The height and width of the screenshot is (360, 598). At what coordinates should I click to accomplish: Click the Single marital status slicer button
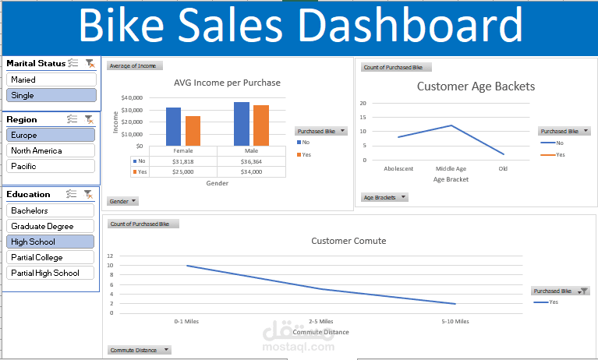(51, 95)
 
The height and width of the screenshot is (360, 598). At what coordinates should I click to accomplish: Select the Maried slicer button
(51, 79)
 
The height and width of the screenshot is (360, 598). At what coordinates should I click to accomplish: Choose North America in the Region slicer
(51, 150)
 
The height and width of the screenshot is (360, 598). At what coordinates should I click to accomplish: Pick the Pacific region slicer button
(51, 166)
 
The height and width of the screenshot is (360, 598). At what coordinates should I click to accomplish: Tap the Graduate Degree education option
(51, 226)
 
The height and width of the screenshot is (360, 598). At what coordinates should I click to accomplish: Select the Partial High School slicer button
(51, 273)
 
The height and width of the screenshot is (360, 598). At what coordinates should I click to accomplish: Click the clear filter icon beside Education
(89, 194)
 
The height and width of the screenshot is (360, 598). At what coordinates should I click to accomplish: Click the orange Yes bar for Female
(193, 130)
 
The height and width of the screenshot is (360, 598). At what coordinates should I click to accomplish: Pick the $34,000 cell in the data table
(251, 171)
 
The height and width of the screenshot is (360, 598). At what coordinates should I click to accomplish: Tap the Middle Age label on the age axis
(451, 168)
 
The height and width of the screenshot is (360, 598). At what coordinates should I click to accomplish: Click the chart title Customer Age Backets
(476, 86)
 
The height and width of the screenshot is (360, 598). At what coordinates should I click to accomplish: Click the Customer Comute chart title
(349, 241)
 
